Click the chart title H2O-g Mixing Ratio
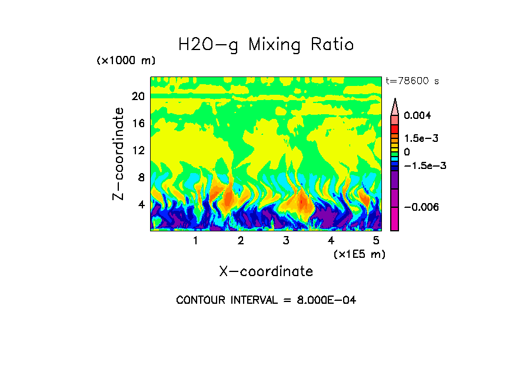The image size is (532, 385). click(x=266, y=45)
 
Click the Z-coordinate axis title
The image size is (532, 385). click(x=119, y=154)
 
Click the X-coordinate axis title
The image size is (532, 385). click(x=266, y=271)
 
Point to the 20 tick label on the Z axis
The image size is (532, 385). click(x=138, y=96)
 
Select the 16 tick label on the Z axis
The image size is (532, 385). click(x=138, y=123)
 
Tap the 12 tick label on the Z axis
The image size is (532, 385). click(x=138, y=150)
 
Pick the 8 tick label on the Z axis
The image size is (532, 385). click(x=141, y=177)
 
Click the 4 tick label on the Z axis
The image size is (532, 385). click(x=141, y=204)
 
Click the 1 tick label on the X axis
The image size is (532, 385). click(x=195, y=240)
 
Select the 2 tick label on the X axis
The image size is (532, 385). click(x=241, y=240)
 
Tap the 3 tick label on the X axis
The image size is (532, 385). click(x=286, y=240)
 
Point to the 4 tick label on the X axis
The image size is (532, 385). click(x=331, y=240)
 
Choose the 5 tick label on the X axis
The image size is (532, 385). click(x=376, y=240)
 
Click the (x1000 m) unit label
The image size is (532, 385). click(x=125, y=61)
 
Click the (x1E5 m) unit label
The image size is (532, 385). click(x=359, y=254)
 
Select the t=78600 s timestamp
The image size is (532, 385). click(x=412, y=81)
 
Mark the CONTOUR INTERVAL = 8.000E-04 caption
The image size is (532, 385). click(x=266, y=300)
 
